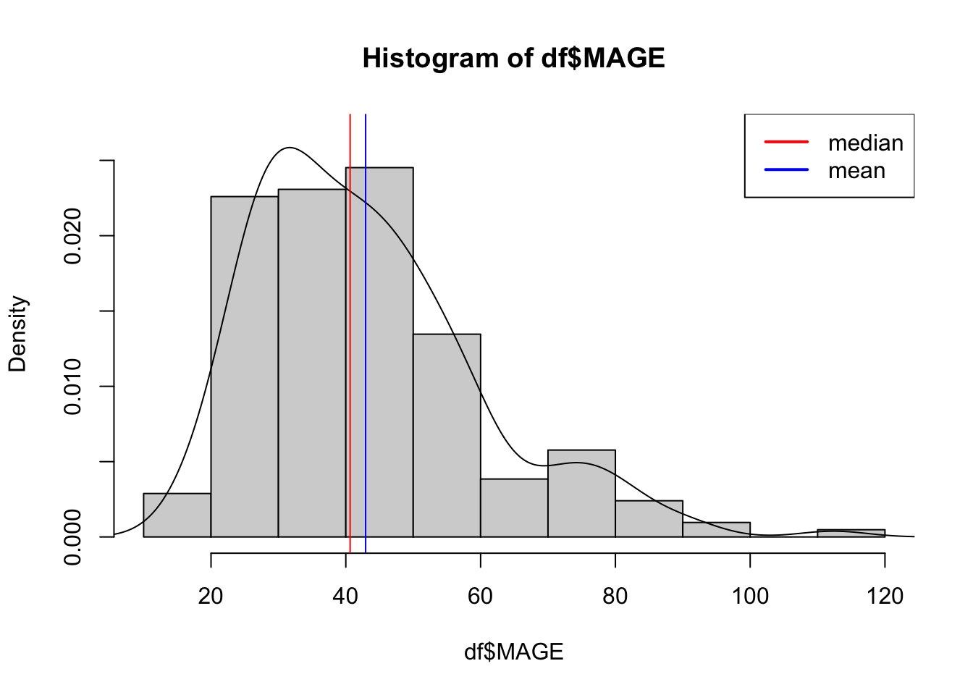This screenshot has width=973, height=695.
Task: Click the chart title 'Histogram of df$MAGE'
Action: pos(513,58)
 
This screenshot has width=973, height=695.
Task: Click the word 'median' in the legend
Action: pos(866,143)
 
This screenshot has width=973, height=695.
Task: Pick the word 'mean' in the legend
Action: pos(856,171)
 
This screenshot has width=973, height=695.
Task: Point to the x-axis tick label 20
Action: pos(211,596)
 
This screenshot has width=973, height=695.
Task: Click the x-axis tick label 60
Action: pos(480,596)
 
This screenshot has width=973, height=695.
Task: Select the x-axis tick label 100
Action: pos(750,596)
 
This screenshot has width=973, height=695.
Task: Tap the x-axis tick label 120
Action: pos(885,596)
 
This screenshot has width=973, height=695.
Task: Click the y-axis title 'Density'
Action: pos(17,334)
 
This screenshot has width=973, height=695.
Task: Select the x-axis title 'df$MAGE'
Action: pos(513,652)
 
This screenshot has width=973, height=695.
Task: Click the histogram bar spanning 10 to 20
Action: pos(177,515)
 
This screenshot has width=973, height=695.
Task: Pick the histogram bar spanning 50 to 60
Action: pos(447,435)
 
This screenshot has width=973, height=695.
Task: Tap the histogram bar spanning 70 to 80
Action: pos(581,493)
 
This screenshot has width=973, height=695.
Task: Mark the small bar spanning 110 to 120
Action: pos(851,534)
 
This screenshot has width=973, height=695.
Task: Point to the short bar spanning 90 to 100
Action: pos(716,530)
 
